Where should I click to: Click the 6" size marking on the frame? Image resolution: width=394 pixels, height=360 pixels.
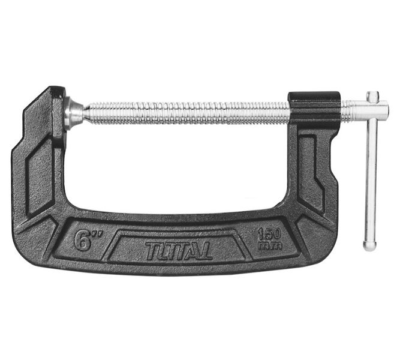(x=85, y=239)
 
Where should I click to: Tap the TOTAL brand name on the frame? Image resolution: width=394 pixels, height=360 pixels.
(x=179, y=250)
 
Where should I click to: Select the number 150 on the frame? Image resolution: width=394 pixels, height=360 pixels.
(x=269, y=235)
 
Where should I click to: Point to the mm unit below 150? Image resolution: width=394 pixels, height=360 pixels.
(x=269, y=245)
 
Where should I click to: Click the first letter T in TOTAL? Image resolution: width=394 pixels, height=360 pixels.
(x=151, y=250)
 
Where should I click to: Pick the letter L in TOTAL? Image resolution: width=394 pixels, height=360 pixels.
(x=206, y=250)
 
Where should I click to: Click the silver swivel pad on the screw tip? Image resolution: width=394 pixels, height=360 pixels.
(x=73, y=113)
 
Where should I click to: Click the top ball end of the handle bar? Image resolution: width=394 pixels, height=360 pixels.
(x=372, y=96)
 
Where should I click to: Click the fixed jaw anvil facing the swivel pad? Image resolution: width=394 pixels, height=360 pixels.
(x=58, y=114)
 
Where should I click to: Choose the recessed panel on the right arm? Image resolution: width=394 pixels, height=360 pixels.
(x=311, y=171)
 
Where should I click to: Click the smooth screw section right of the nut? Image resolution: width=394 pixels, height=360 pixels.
(x=350, y=110)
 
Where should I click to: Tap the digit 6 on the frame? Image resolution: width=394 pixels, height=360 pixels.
(x=82, y=240)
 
